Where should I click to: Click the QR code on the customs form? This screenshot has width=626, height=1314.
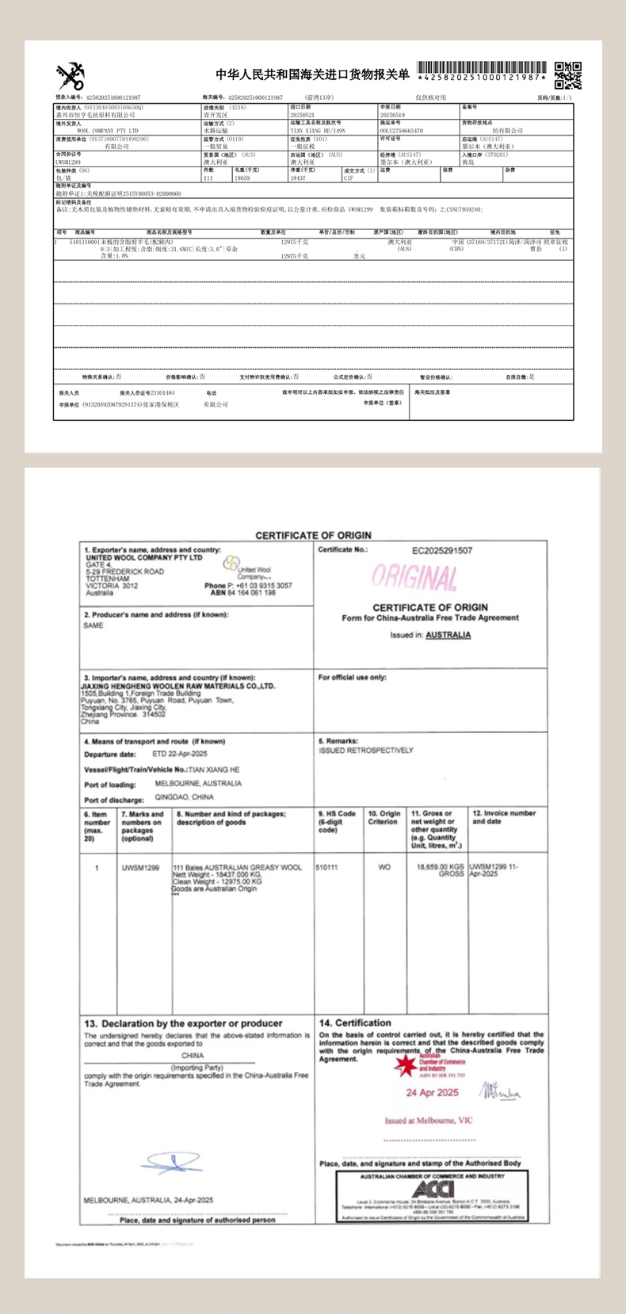tap(567, 75)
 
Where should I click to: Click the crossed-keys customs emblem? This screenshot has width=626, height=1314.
tap(70, 76)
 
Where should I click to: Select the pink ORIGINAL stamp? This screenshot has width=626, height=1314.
tap(414, 578)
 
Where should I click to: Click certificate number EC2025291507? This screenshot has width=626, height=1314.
tap(442, 550)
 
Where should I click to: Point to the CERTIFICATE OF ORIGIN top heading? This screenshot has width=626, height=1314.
tap(313, 536)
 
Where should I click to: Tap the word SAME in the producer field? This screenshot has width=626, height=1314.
tap(94, 625)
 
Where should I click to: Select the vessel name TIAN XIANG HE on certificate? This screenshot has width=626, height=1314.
tap(214, 770)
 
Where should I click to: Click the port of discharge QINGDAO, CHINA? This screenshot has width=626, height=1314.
tap(184, 797)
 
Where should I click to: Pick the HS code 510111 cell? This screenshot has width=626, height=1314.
tap(326, 867)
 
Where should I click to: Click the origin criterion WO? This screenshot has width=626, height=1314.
tap(384, 867)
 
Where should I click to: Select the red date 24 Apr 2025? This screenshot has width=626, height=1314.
tap(433, 1093)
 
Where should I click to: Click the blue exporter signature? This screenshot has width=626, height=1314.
tap(171, 1163)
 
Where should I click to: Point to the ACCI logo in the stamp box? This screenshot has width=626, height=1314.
tap(433, 1189)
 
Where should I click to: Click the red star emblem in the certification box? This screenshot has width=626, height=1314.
tap(407, 1066)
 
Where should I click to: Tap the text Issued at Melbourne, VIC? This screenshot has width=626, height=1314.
tap(429, 1121)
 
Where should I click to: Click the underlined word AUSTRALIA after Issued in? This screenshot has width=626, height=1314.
tap(448, 635)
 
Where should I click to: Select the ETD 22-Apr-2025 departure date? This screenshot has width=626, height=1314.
tap(179, 754)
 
